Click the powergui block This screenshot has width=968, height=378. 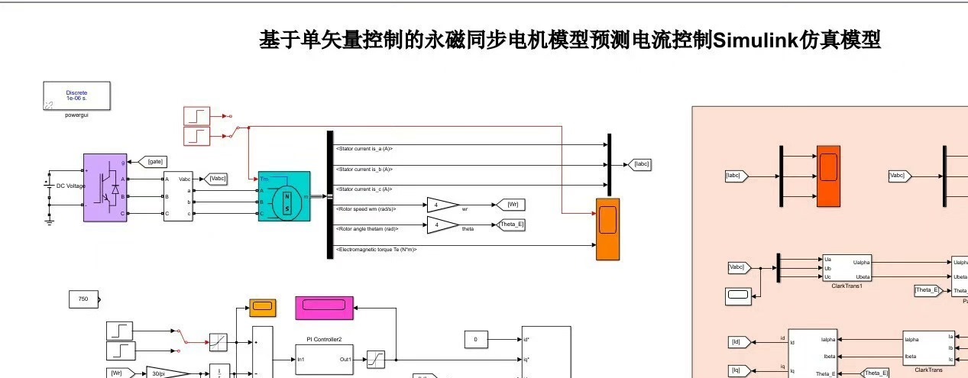point(76,95)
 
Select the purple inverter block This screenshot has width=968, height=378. point(105,188)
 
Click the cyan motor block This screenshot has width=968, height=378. point(283,196)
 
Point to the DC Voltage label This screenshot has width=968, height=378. point(71,186)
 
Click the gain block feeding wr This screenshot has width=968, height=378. point(442,205)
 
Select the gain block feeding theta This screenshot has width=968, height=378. point(442,225)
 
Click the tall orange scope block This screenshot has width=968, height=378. point(607,228)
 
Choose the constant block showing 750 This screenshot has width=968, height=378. point(83,299)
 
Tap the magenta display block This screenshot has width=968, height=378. point(324,307)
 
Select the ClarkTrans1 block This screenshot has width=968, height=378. point(846,268)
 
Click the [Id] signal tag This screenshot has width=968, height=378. point(738,342)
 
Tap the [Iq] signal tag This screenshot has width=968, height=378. point(738,370)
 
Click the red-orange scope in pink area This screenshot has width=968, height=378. point(828,175)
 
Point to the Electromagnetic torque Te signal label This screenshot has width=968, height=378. point(376,250)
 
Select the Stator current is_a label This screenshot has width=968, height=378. point(364,149)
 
